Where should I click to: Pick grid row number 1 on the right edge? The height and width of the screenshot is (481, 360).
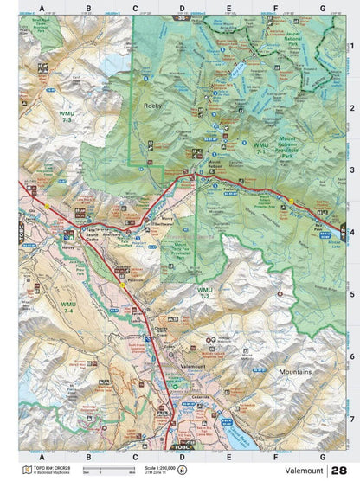[351, 48]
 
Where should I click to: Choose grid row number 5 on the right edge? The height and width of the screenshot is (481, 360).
[351, 294]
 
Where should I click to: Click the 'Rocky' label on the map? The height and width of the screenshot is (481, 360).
[152, 106]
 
